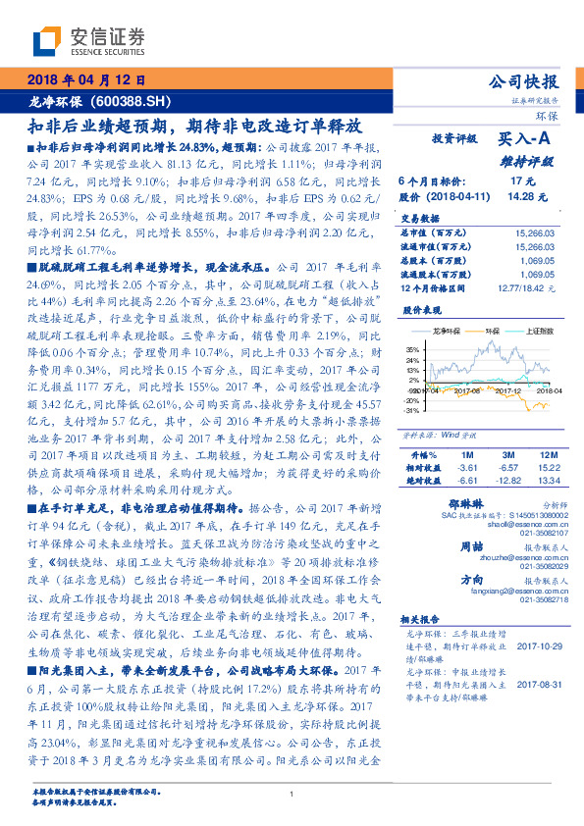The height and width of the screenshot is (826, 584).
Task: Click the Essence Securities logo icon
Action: coord(46,41)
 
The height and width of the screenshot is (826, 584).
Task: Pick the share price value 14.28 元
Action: coord(521,196)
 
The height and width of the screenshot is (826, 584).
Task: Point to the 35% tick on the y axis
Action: coord(412,348)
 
